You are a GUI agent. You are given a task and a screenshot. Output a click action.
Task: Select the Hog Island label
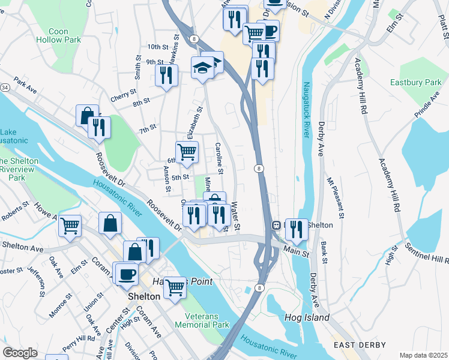tap(308, 317)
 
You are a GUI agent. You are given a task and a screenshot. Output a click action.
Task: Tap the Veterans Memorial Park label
tap(202, 319)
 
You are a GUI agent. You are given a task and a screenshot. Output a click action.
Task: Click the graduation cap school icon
tap(202, 67)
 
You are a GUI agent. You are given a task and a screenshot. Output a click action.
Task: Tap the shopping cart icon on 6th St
tap(187, 152)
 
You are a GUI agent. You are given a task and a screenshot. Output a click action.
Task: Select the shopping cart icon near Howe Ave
tap(70, 226)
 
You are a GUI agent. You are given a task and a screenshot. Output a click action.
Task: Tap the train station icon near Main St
tap(277, 226)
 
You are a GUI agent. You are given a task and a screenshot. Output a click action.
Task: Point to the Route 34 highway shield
tap(5, 88)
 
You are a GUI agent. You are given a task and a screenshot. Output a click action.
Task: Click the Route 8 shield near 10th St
tap(194, 38)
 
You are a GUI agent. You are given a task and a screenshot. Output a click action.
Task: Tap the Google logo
tap(20, 353)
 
